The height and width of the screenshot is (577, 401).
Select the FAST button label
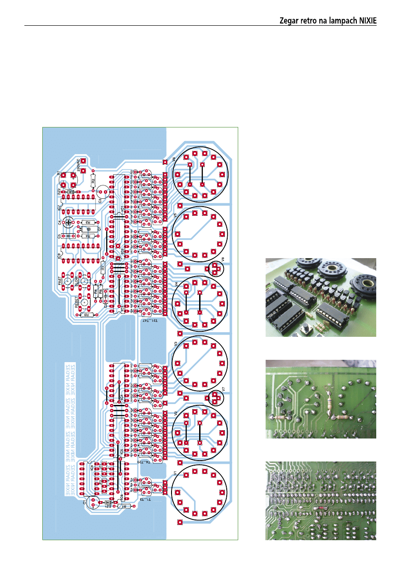tap(60, 281)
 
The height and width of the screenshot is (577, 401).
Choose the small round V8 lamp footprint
tap(214, 268)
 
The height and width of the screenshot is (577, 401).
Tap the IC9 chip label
tap(59, 256)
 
